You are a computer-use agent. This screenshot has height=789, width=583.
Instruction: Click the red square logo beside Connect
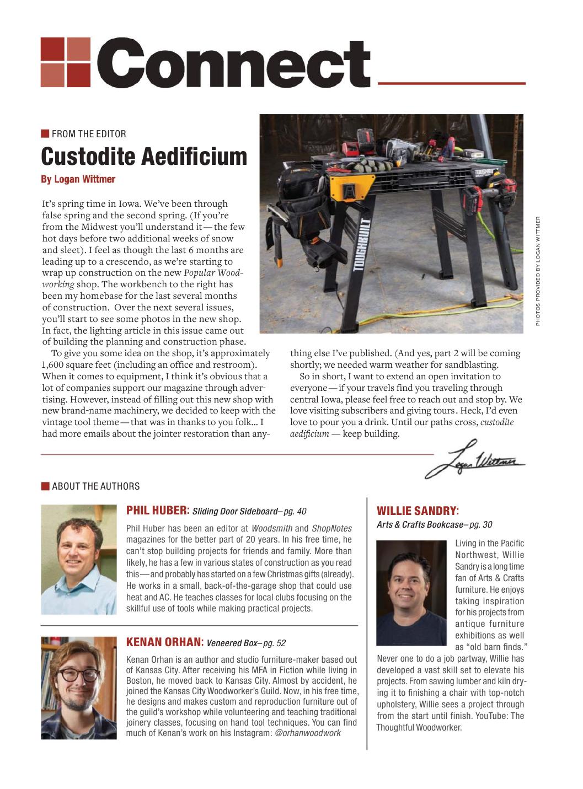(x=65, y=62)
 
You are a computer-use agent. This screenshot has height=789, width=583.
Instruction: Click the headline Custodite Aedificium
(x=144, y=157)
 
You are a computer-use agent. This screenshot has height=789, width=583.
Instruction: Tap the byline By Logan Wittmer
(x=78, y=179)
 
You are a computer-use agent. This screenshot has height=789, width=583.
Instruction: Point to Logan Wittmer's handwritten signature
(x=474, y=459)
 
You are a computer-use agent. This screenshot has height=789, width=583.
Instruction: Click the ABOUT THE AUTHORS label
(x=95, y=486)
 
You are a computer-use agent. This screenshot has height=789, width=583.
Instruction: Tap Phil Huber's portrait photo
(x=79, y=559)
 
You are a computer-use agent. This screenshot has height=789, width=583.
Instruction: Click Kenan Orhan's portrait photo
(x=79, y=687)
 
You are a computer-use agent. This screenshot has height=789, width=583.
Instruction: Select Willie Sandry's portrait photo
(x=411, y=593)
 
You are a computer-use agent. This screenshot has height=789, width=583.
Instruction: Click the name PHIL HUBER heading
(x=158, y=510)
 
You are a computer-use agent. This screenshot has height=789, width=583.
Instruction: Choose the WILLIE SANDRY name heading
(x=418, y=511)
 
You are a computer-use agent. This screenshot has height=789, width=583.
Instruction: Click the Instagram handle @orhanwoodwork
(x=307, y=733)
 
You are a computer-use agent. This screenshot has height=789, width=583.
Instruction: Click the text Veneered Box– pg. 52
(x=246, y=643)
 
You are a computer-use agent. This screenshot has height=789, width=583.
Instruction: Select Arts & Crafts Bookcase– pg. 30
(x=434, y=524)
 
